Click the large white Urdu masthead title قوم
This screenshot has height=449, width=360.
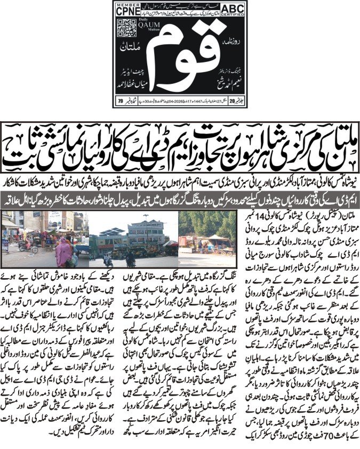coord(180,59)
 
